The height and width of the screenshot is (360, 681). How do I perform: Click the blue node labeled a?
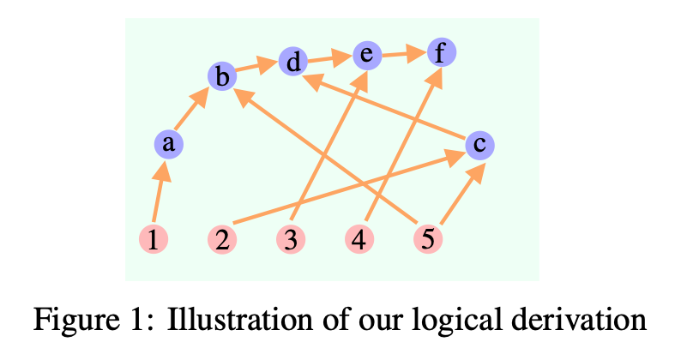point(169,144)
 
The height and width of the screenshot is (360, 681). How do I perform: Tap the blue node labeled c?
point(479,145)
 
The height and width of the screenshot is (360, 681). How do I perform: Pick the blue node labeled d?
point(293,62)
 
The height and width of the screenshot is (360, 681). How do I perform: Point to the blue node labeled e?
point(366,56)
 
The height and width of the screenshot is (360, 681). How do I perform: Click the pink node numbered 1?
point(153,240)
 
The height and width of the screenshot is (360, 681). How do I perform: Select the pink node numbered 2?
point(222,240)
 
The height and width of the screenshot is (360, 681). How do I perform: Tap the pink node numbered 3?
point(292,240)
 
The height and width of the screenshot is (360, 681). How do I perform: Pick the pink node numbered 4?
point(359,240)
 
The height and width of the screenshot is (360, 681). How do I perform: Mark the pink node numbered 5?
point(428,240)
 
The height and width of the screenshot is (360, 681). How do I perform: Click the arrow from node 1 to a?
point(160,192)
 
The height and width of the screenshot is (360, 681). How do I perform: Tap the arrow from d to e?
point(329,59)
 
